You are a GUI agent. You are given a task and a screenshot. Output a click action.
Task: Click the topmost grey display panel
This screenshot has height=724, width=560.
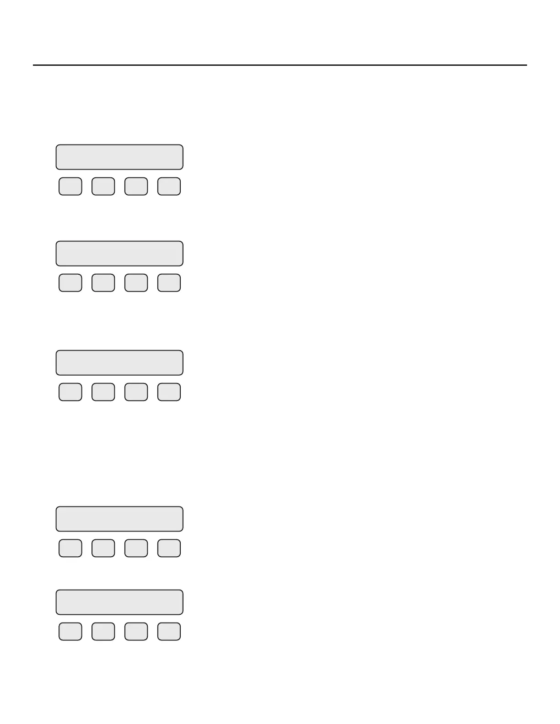click(119, 157)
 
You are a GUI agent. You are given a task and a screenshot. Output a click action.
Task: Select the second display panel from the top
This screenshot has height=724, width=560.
click(119, 253)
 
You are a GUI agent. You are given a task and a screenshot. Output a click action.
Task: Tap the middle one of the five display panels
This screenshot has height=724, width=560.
click(119, 362)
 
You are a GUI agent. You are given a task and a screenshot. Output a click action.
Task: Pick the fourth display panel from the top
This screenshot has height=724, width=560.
click(119, 519)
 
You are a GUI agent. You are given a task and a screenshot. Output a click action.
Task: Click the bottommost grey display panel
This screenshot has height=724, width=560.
click(119, 602)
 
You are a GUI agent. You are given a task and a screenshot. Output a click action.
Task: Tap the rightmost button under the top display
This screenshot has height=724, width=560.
click(169, 186)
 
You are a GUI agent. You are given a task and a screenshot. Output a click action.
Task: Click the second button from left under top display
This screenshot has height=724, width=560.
click(103, 186)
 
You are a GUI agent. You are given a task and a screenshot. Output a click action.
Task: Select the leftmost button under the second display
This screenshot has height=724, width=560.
click(70, 283)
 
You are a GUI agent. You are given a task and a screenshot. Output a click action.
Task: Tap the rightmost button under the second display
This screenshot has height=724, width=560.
click(169, 283)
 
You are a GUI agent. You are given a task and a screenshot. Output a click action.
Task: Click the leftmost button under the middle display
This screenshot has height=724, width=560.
click(70, 392)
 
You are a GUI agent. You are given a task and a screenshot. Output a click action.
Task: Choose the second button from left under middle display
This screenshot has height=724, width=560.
click(103, 392)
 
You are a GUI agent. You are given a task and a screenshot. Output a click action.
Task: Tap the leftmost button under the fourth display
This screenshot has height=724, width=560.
click(70, 548)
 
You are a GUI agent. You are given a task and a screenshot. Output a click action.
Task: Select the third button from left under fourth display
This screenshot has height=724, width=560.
click(136, 548)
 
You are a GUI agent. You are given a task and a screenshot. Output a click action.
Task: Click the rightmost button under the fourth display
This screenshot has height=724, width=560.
click(169, 548)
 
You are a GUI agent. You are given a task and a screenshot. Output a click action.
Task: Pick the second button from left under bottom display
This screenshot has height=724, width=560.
click(103, 631)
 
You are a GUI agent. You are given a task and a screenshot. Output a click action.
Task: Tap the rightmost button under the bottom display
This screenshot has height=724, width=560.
click(169, 631)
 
